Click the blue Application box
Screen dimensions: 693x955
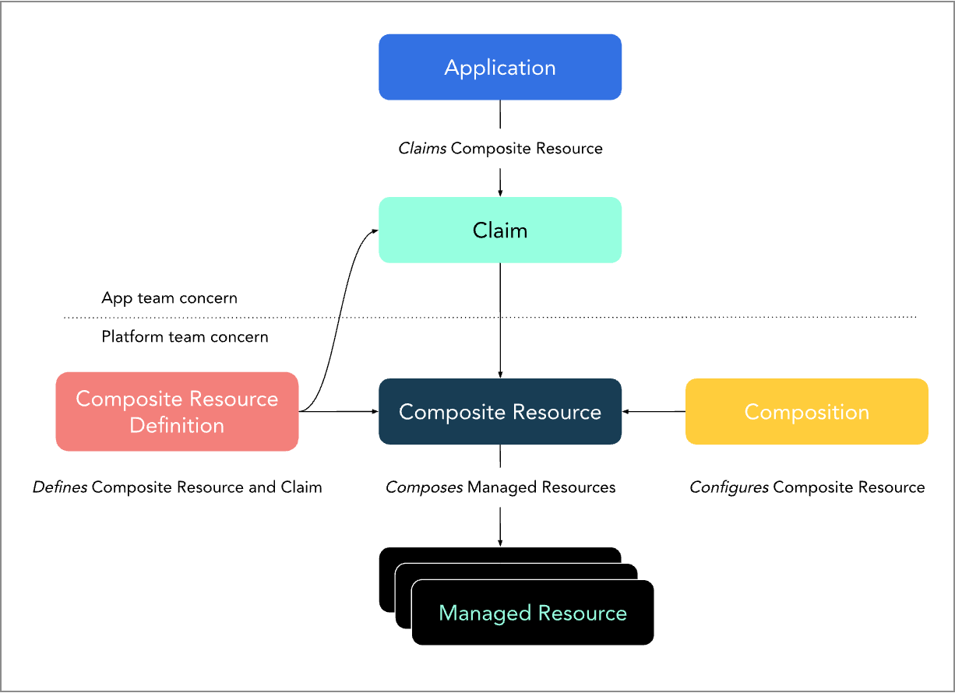[x=500, y=67]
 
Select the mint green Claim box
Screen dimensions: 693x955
[x=500, y=230]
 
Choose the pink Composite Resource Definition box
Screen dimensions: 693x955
[x=177, y=411]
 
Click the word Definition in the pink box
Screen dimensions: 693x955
[x=177, y=425]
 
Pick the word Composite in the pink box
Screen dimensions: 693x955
[x=124, y=399]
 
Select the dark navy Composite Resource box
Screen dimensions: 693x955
[x=500, y=411]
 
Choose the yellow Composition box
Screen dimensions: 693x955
[x=806, y=411]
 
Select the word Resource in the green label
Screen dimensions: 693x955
[x=582, y=613]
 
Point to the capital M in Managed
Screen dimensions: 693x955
[x=447, y=613]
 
